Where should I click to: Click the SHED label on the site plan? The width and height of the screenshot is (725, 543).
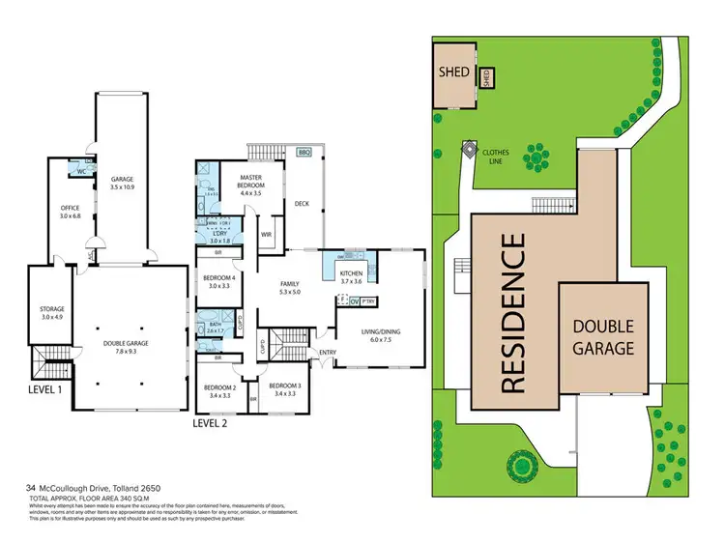pos(454,72)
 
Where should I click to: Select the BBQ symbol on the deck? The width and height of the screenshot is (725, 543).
pos(304,154)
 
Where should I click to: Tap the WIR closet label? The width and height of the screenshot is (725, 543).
pos(267,235)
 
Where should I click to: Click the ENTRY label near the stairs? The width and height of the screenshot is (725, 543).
pos(328,352)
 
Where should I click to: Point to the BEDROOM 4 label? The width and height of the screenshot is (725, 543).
pos(219,281)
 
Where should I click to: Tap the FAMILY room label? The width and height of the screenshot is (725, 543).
pos(291,286)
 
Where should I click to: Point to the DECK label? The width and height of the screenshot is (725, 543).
pos(302,204)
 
